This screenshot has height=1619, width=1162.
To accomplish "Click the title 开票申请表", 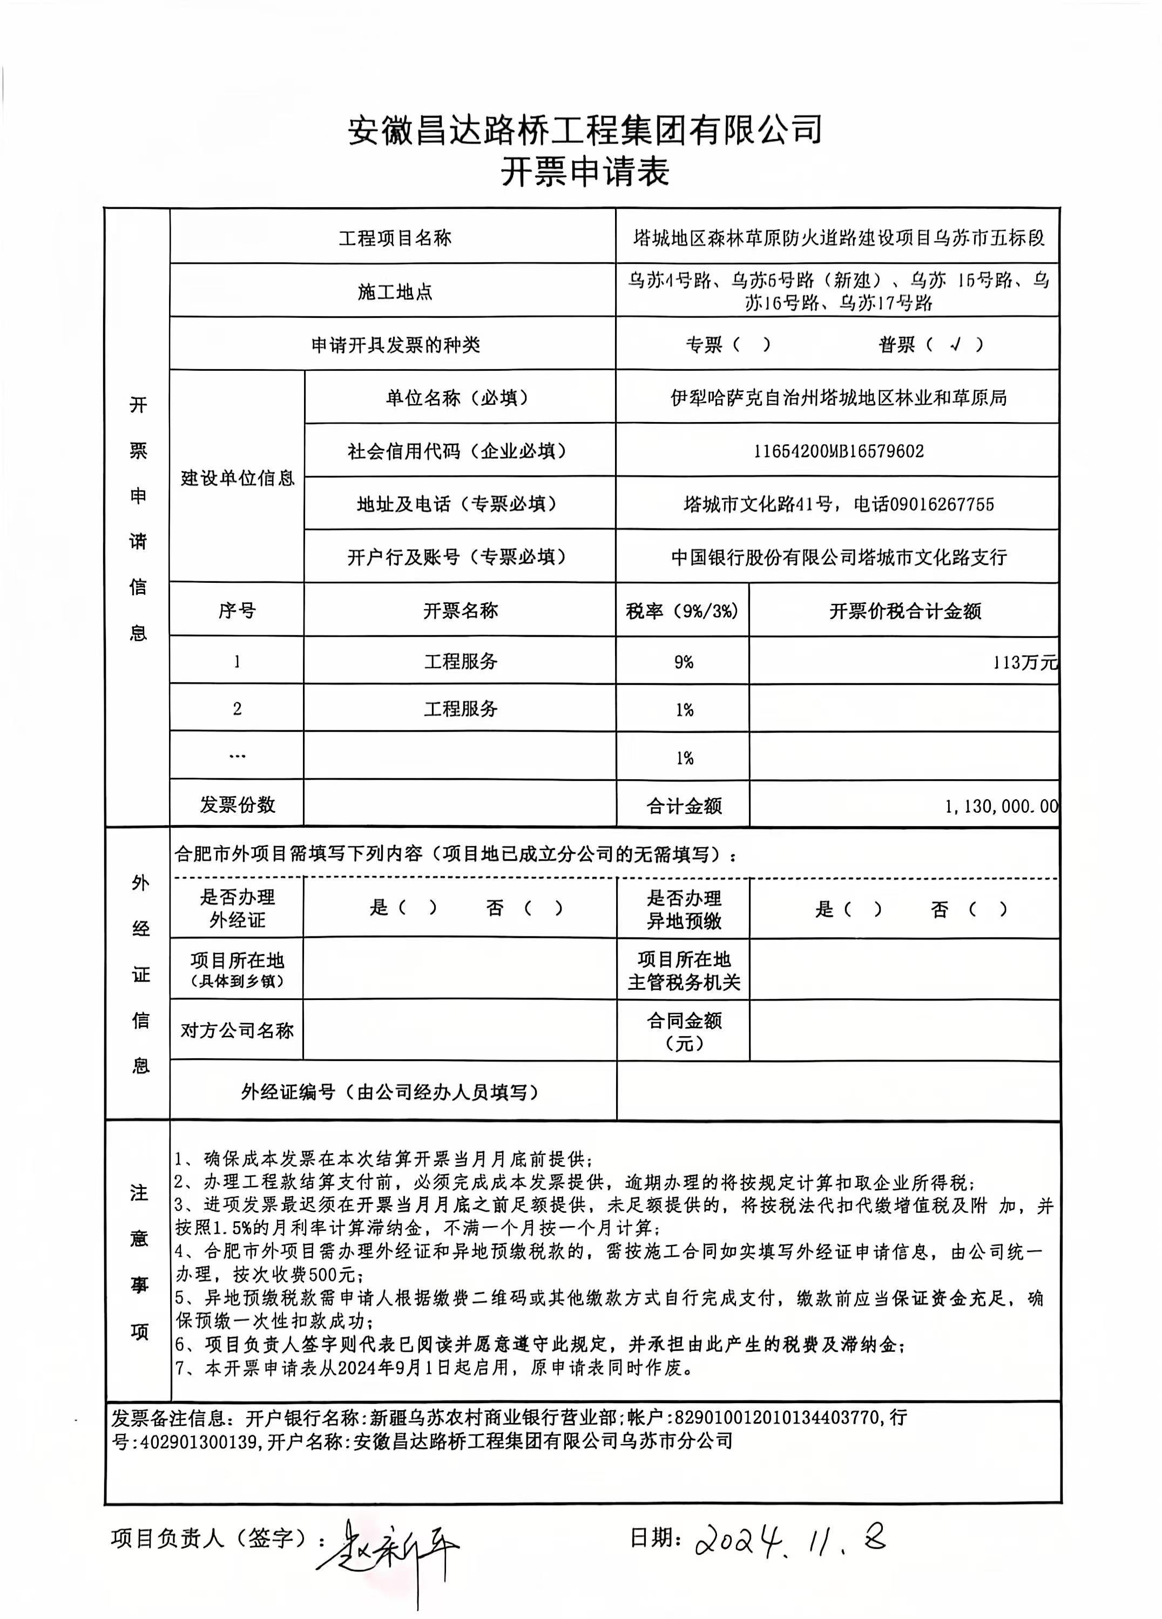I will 584,172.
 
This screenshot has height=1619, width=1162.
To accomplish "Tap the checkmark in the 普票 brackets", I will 956,345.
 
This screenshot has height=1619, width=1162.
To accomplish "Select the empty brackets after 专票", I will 746,345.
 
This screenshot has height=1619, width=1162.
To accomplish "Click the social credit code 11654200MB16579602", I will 839,451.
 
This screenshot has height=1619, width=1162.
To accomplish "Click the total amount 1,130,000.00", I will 1001,806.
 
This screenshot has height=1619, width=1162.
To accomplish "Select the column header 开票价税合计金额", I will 904,610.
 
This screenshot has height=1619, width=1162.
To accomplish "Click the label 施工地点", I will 394,291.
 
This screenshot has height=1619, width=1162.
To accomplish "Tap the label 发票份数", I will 237,805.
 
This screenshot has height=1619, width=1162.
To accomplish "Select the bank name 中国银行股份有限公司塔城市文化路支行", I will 839,557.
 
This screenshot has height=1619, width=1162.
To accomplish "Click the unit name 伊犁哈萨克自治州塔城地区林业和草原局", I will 839,398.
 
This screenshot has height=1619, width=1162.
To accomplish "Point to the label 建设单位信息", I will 237,478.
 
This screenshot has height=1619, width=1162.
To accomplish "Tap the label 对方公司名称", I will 237,1030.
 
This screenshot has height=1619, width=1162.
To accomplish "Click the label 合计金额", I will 684,806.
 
